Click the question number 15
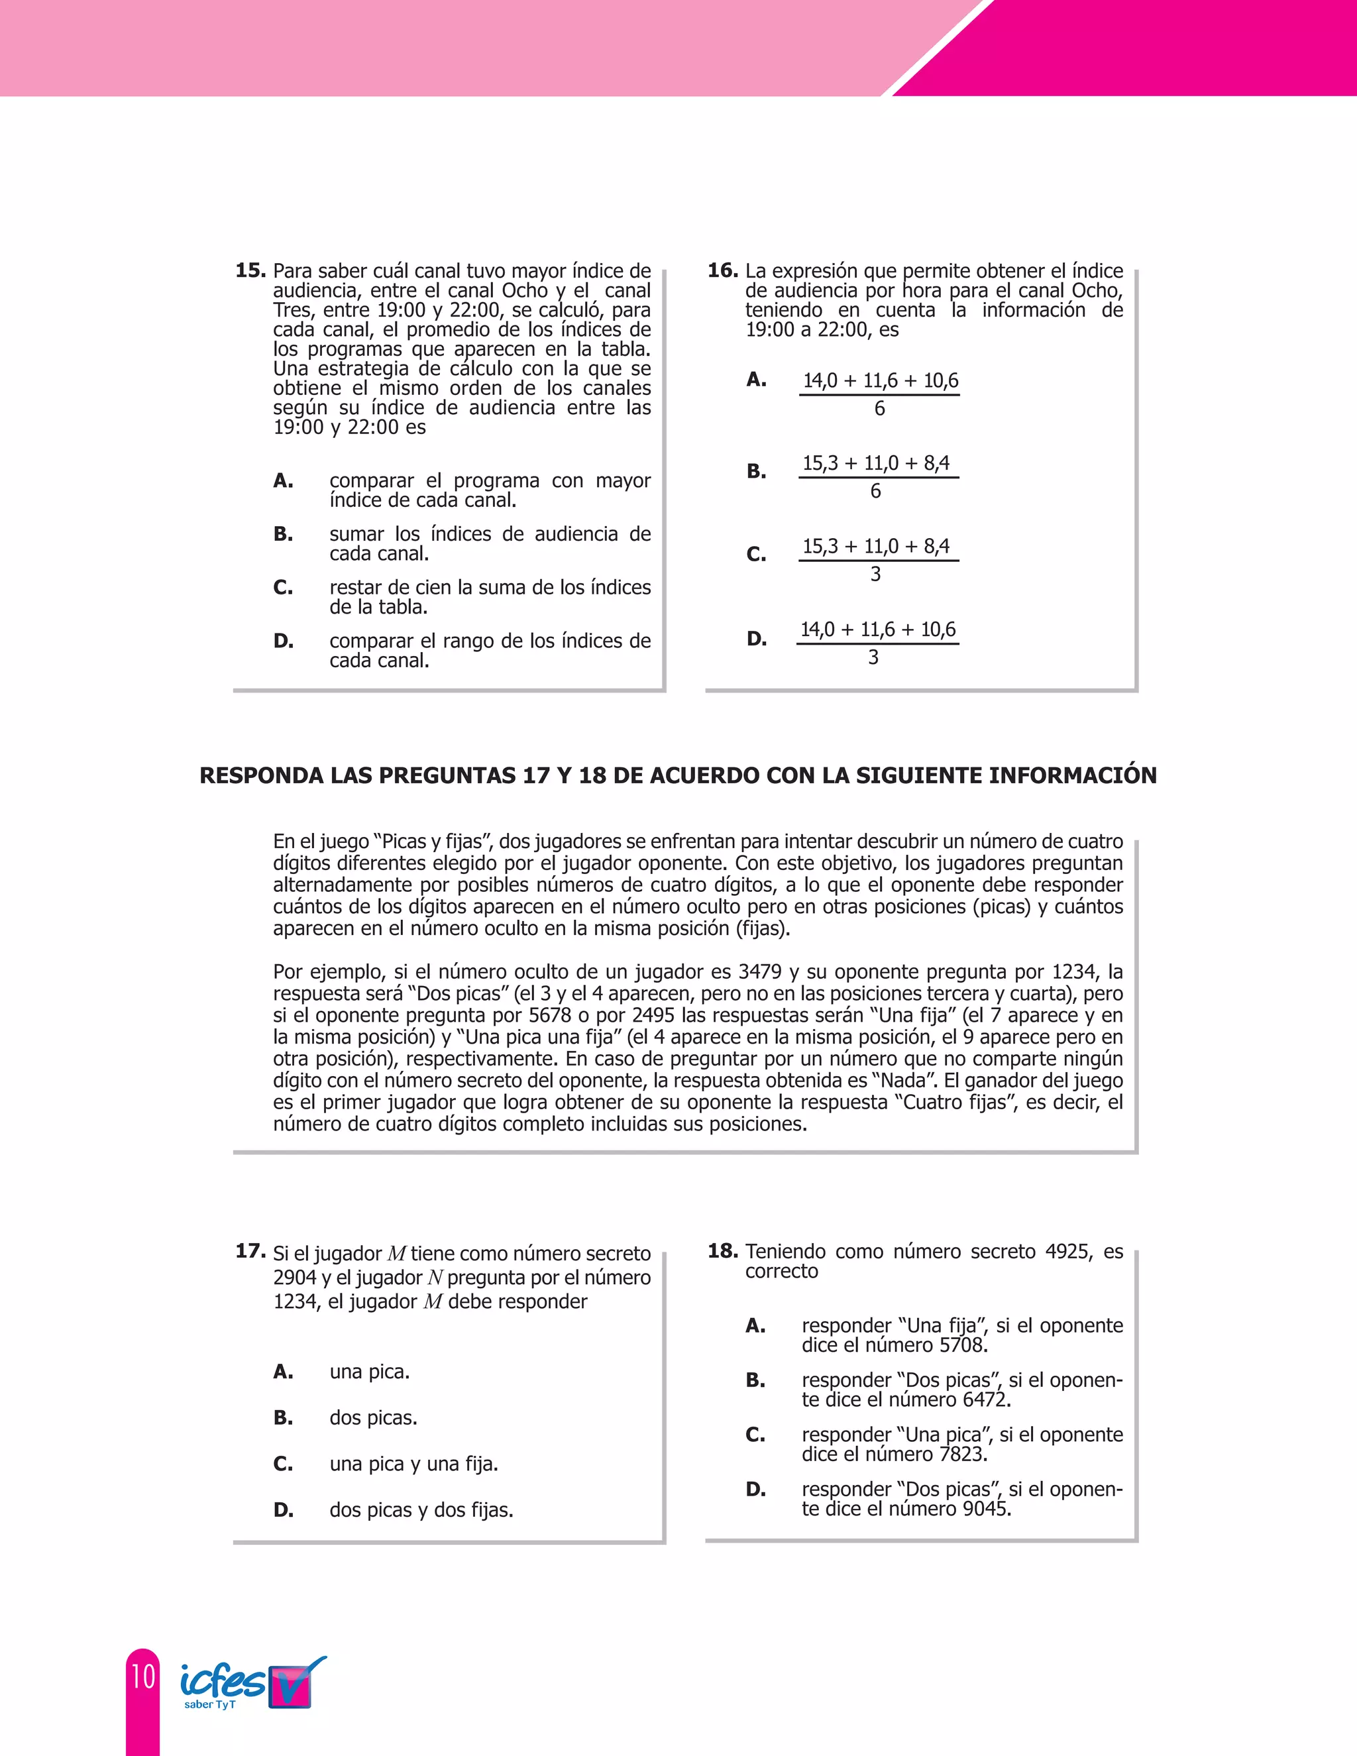pyautogui.click(x=250, y=270)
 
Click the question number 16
pyautogui.click(x=722, y=270)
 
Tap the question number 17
pyautogui.click(x=250, y=1250)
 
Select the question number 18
pyautogui.click(x=722, y=1250)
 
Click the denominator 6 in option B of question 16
pyautogui.click(x=875, y=490)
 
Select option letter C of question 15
pyautogui.click(x=283, y=588)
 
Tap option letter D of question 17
pyautogui.click(x=283, y=1509)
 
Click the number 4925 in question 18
pyautogui.click(x=1068, y=1251)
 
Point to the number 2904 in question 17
pyautogui.click(x=295, y=1278)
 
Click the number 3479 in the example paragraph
pyautogui.click(x=760, y=972)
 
